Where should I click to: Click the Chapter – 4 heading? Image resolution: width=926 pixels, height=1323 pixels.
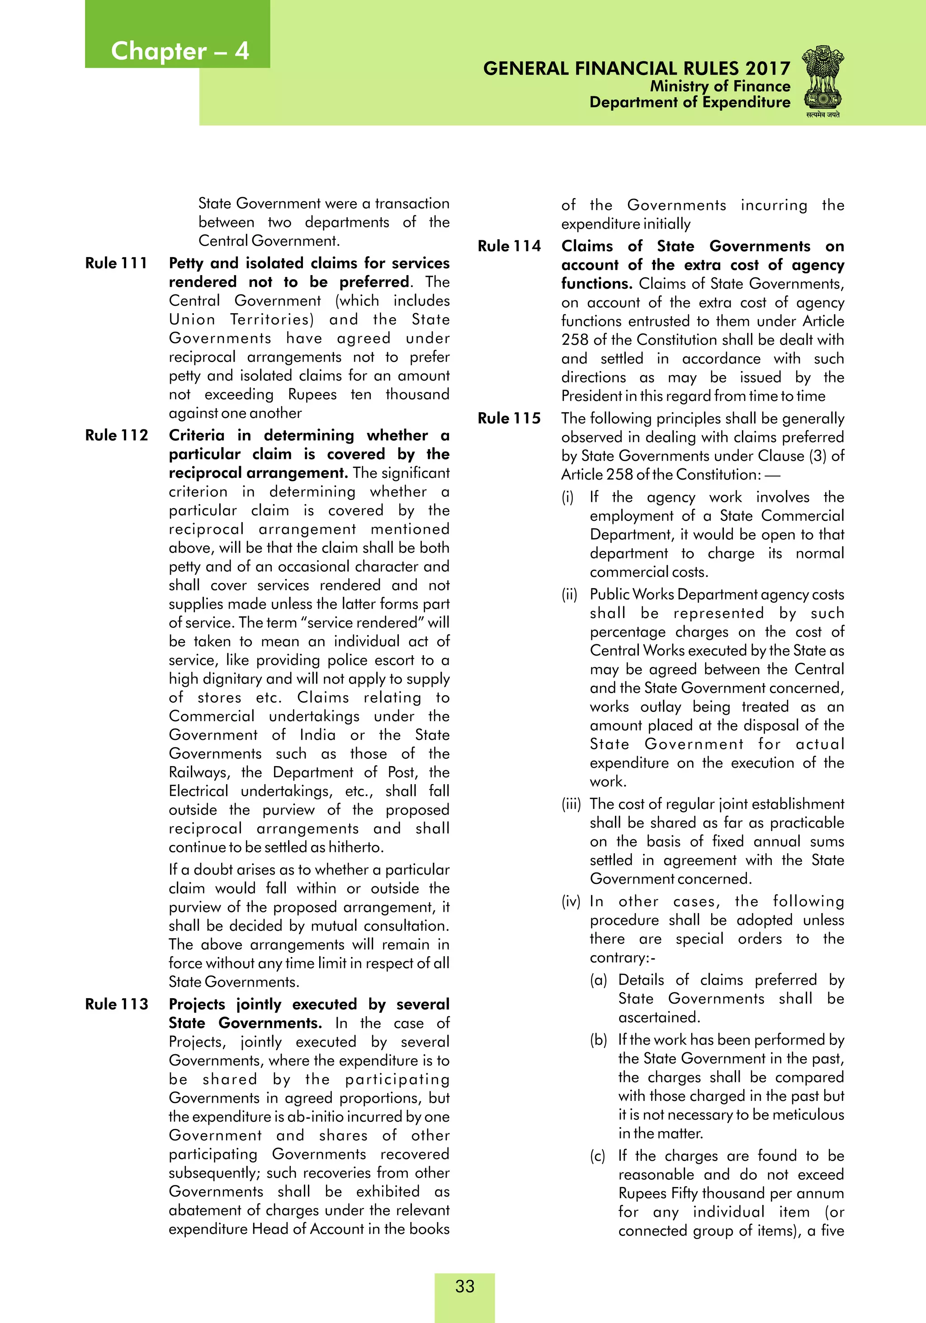tap(180, 51)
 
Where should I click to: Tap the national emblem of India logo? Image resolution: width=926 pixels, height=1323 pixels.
tap(823, 82)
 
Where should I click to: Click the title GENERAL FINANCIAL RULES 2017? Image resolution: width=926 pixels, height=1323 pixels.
tap(636, 69)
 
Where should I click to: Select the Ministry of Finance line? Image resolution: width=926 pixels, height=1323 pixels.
tap(720, 86)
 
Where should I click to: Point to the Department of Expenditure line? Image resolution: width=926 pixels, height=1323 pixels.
tap(690, 103)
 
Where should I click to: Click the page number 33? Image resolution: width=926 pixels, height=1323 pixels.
tap(465, 1286)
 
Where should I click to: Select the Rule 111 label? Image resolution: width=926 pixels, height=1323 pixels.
tap(116, 263)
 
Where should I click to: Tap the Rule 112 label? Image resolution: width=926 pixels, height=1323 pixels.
tap(116, 435)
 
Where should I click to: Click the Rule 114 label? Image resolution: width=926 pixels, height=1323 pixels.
tap(509, 246)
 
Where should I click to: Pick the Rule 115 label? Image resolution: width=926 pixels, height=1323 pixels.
tap(509, 419)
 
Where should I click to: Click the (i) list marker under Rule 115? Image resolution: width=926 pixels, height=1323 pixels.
tap(568, 497)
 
